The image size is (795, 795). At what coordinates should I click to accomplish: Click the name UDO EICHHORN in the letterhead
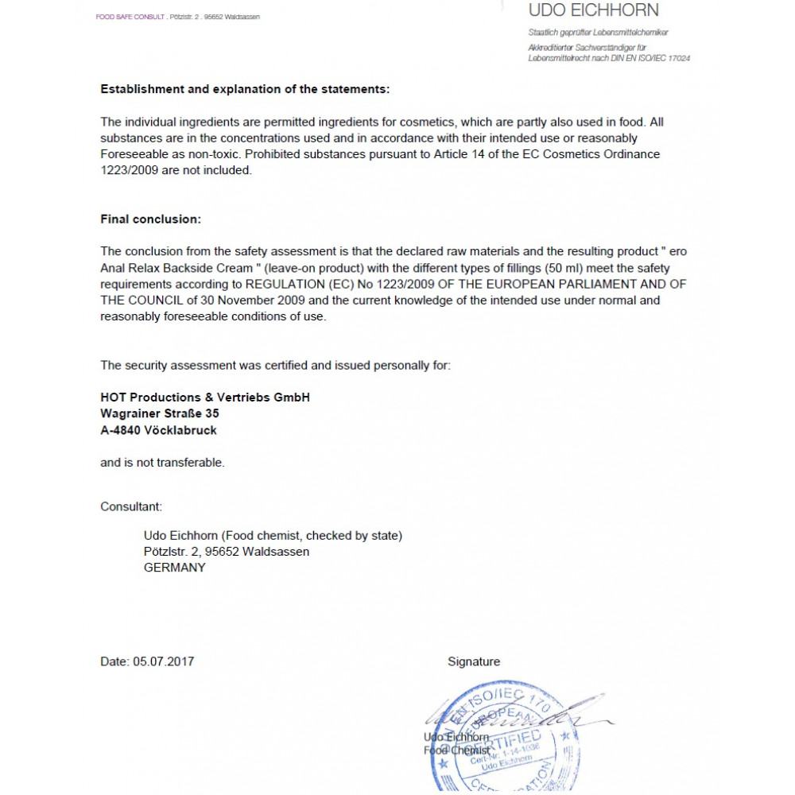[x=593, y=11]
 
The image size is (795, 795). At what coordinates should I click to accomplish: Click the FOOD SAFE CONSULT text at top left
[x=130, y=17]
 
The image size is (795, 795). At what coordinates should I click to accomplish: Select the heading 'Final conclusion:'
[x=151, y=219]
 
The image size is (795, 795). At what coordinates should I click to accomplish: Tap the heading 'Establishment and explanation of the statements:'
[x=245, y=89]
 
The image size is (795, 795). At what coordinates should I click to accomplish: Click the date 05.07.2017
[x=164, y=661]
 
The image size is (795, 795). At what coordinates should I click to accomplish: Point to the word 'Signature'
[x=474, y=661]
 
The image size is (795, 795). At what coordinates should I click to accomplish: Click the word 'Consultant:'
[x=131, y=506]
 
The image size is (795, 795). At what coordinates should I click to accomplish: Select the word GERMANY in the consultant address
[x=174, y=568]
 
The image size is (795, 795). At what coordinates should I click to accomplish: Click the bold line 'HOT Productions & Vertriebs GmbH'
[x=205, y=397]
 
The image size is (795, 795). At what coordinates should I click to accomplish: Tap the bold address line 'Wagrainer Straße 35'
[x=160, y=413]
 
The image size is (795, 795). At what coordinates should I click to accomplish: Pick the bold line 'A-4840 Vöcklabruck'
[x=158, y=430]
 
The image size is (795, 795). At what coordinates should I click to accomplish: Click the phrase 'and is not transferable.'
[x=162, y=463]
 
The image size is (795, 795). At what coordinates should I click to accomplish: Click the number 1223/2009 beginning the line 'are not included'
[x=129, y=170]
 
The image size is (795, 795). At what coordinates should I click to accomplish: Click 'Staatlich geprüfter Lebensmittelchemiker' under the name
[x=598, y=33]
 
